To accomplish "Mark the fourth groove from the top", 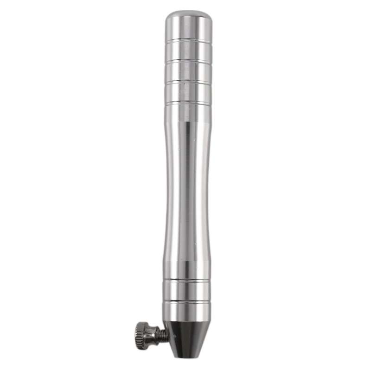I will [189, 101].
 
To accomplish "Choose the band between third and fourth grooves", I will [189, 91].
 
